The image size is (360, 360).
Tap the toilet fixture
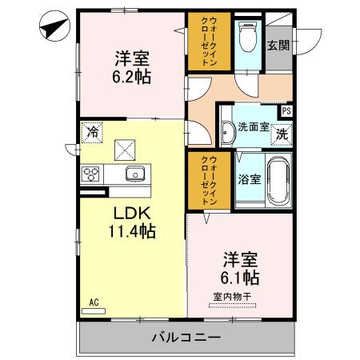click(247, 35)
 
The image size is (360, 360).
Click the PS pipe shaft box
click(286, 112)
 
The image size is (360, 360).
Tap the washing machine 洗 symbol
click(282, 134)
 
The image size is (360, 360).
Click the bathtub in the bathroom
click(277, 182)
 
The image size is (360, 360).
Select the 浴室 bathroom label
click(248, 179)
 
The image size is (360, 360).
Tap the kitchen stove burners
click(90, 173)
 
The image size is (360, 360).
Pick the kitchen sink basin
click(133, 173)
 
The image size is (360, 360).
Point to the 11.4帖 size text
click(131, 232)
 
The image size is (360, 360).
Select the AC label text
click(94, 302)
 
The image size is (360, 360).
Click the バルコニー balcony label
click(186, 338)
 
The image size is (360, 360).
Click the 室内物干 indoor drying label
click(232, 297)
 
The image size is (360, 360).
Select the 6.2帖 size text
click(131, 78)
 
